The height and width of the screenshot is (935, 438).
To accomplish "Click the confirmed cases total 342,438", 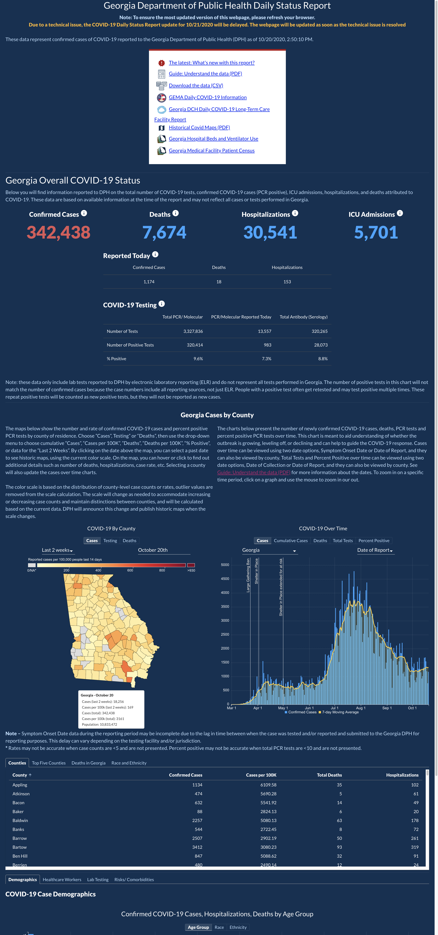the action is (x=58, y=232).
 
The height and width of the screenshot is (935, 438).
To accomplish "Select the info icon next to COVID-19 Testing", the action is (x=162, y=304).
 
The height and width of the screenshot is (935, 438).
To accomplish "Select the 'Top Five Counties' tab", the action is (x=49, y=763).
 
